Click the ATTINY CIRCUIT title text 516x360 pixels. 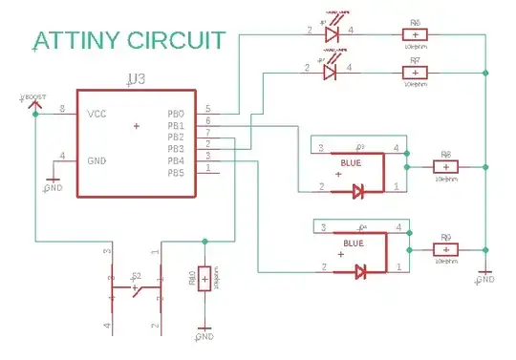[x=129, y=40]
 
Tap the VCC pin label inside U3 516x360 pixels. [x=97, y=114]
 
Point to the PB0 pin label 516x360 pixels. [x=176, y=114]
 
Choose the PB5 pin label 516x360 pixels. [x=176, y=172]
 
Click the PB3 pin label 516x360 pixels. [x=176, y=149]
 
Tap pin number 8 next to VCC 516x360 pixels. [x=63, y=109]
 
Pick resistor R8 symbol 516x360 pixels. [x=444, y=166]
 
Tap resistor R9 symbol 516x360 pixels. [x=444, y=249]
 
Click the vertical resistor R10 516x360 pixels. [x=204, y=281]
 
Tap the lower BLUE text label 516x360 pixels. [x=352, y=244]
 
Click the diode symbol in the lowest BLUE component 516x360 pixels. [x=359, y=272]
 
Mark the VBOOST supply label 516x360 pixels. [x=34, y=98]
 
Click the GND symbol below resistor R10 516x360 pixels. [x=202, y=336]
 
